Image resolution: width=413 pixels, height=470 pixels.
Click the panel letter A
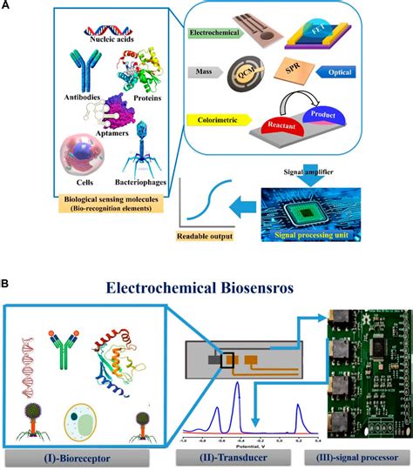tap(8, 6)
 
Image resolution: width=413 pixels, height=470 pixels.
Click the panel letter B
tap(8, 283)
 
